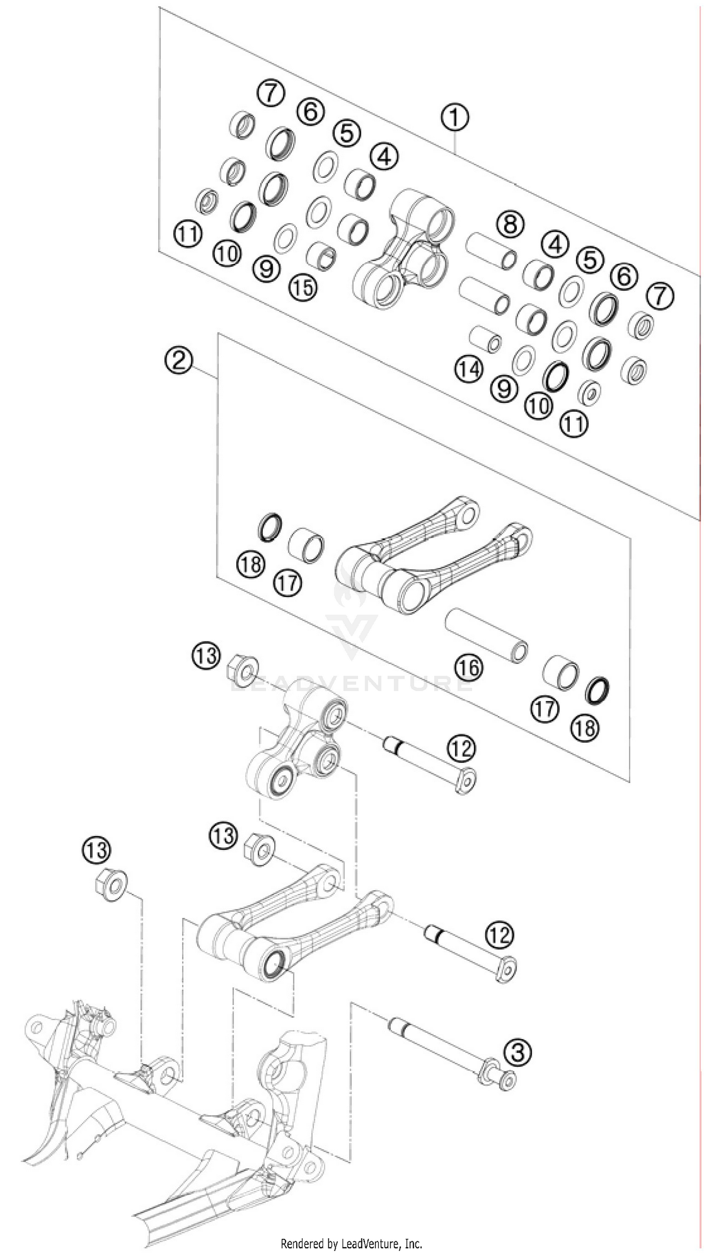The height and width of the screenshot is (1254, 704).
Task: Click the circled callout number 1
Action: [x=454, y=118]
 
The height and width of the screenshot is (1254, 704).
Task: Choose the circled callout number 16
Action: [x=469, y=668]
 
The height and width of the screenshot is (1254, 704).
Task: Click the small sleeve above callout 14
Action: [x=486, y=339]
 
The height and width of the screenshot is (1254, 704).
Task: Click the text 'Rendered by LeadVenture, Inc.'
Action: [x=352, y=1243]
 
